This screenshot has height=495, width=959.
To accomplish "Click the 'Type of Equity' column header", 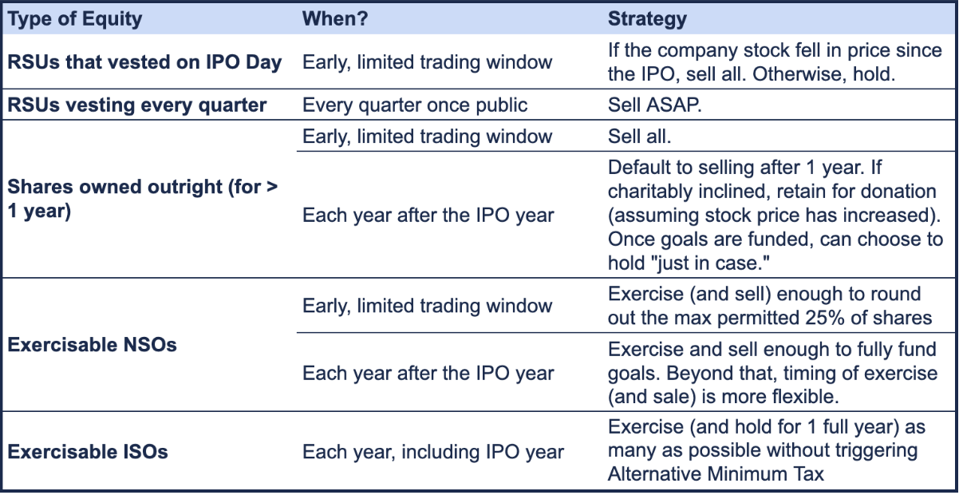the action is [75, 19].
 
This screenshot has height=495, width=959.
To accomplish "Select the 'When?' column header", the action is [335, 18].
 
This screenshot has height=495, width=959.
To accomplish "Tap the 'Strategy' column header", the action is [647, 19].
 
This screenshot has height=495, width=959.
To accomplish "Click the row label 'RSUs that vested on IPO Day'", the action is [144, 62].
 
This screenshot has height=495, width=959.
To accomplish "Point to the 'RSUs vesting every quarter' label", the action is [137, 105].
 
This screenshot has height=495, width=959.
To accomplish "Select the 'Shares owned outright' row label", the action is [143, 199].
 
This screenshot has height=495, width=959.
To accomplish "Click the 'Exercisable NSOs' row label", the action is [92, 345].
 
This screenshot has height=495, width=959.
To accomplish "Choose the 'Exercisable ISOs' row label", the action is [88, 452].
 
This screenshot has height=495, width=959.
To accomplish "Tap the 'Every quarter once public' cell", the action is [415, 105].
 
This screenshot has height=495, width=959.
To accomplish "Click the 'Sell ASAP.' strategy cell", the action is [655, 105].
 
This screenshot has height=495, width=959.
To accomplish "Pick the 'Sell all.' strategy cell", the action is [640, 137].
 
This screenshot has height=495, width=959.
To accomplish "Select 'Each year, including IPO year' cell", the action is [433, 452].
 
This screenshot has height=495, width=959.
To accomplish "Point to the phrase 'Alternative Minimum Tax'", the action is [716, 474].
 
